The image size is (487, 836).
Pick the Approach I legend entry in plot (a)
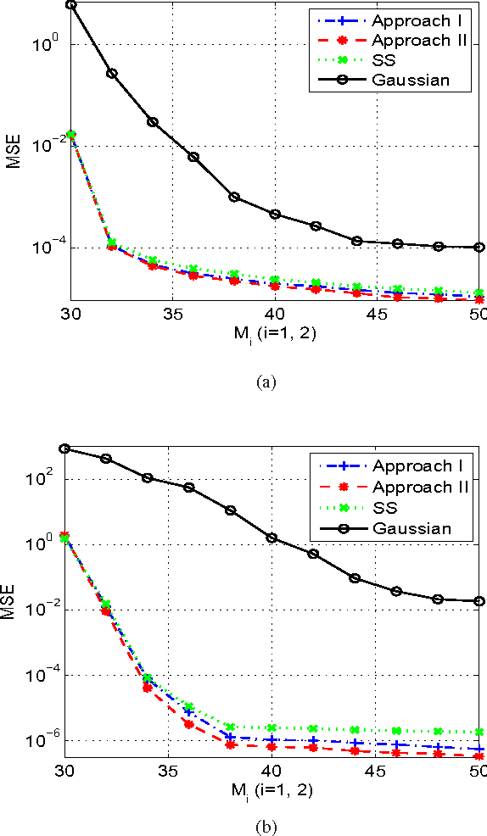tap(422, 20)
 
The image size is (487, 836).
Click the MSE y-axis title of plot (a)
tap(14, 153)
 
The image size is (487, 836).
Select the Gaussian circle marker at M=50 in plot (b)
tap(479, 601)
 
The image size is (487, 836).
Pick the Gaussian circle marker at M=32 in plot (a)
tap(111, 73)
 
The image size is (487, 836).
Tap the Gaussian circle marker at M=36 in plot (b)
tap(189, 488)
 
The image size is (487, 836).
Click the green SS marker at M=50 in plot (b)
tap(479, 732)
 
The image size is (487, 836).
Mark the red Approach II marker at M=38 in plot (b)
tap(230, 744)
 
